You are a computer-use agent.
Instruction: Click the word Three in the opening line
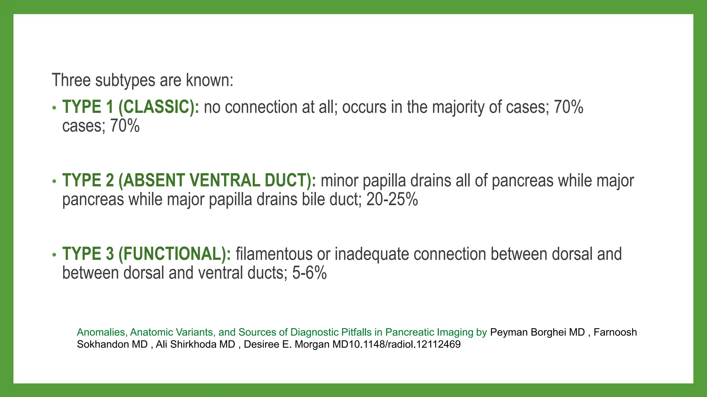tap(71, 80)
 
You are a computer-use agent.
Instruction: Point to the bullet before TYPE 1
tap(54, 108)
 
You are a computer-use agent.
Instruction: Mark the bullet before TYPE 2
tap(54, 182)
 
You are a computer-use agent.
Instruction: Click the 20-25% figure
tap(392, 200)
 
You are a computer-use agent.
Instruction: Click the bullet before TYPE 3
tap(54, 255)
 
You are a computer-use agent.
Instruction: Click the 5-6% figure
tap(309, 273)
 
